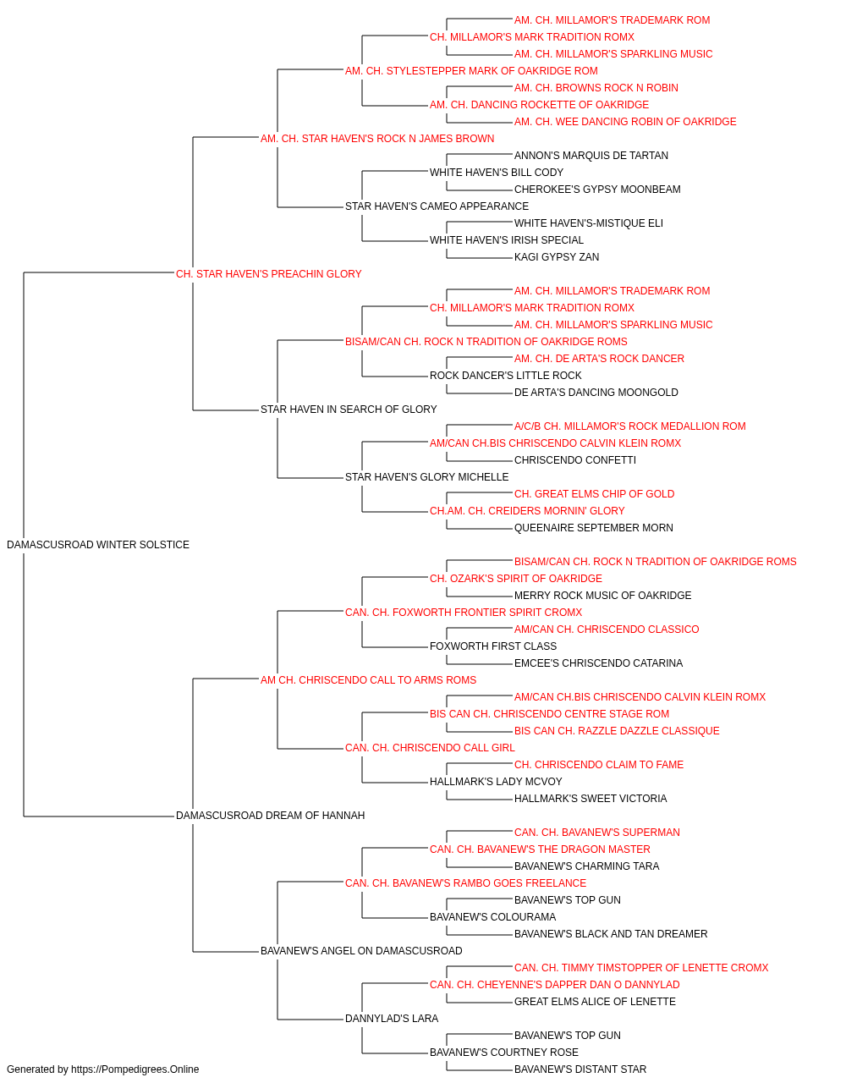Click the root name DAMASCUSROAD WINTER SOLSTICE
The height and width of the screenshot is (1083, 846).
pos(98,545)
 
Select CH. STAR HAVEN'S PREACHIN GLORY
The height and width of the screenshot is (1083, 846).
pos(268,274)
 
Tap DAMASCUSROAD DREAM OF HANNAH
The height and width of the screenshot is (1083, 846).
pos(271,816)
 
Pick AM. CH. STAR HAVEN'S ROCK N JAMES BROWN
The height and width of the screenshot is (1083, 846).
pos(377,139)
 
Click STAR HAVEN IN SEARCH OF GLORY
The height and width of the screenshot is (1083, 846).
pos(349,410)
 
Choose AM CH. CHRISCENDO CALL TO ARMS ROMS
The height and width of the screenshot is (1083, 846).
pos(368,680)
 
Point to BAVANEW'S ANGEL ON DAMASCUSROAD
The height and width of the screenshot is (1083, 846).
pos(361,951)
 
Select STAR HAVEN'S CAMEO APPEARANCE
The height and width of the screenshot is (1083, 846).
pos(437,206)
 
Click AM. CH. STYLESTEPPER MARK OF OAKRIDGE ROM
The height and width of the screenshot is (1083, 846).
pos(471,71)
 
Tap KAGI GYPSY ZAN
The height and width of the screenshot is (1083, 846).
pos(557,257)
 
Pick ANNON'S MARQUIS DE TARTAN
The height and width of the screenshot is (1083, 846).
pos(591,156)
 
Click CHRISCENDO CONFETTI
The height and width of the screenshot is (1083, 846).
pos(575,460)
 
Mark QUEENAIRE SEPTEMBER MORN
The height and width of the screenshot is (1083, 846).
pos(593,528)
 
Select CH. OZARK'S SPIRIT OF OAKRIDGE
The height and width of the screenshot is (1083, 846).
pos(516,579)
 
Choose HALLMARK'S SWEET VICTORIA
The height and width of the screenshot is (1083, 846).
pos(591,799)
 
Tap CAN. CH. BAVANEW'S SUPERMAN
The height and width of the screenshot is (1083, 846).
pos(597,833)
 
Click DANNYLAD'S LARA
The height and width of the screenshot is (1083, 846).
pos(392,1019)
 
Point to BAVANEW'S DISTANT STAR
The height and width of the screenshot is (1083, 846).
pos(580,1069)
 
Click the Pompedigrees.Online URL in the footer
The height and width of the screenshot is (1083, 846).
pos(135,1069)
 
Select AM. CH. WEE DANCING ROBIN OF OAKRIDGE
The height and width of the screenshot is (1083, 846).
pos(625,122)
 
